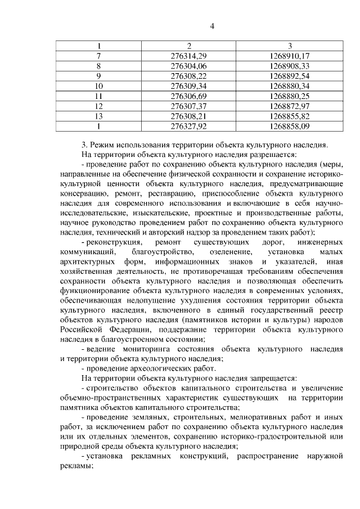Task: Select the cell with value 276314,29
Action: (188, 56)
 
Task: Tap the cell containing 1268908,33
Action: (290, 66)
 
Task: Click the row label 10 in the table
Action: (99, 86)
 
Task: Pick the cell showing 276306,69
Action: (188, 96)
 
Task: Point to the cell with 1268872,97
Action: (290, 106)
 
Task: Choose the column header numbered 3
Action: (290, 46)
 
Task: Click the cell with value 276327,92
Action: (188, 127)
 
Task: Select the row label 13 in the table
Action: (99, 116)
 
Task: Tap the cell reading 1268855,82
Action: (290, 116)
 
